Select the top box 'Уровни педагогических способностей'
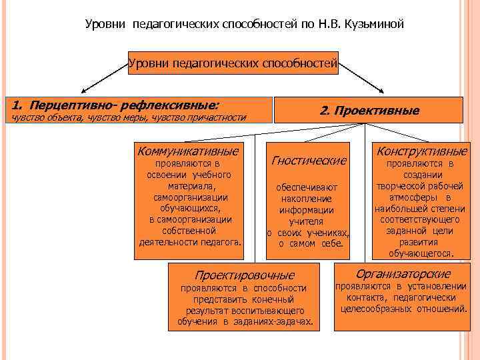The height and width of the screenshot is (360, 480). pyautogui.click(x=233, y=65)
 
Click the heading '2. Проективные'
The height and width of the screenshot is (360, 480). pyautogui.click(x=369, y=110)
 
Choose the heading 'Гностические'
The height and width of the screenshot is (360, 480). pyautogui.click(x=309, y=160)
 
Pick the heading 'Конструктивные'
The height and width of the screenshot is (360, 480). pyautogui.click(x=422, y=151)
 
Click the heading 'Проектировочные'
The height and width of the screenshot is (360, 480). pyautogui.click(x=244, y=275)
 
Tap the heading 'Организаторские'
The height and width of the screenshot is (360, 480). pyautogui.click(x=403, y=273)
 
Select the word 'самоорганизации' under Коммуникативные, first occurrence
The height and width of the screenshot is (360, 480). pyautogui.click(x=190, y=197)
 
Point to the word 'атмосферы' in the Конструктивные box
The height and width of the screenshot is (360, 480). pyautogui.click(x=411, y=197)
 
